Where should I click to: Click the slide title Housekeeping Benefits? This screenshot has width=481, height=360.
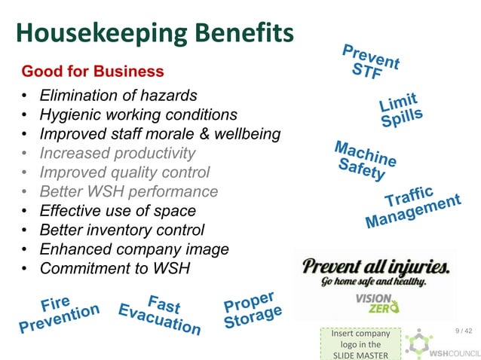(x=155, y=32)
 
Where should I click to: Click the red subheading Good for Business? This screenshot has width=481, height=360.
(x=93, y=72)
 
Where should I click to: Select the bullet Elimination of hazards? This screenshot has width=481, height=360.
(x=118, y=96)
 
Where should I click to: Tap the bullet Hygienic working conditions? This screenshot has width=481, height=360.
(x=138, y=115)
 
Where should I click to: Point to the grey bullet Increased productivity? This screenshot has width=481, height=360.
(x=117, y=154)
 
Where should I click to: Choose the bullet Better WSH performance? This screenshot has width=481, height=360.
(x=128, y=192)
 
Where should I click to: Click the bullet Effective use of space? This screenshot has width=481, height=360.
(x=117, y=211)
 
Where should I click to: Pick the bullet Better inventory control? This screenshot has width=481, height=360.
(x=121, y=230)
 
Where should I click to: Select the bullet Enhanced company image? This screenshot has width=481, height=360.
(x=133, y=249)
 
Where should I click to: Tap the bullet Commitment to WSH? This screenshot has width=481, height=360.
(x=115, y=268)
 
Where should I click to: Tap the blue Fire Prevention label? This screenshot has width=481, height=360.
(x=58, y=314)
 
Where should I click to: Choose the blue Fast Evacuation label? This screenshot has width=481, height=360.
(x=160, y=314)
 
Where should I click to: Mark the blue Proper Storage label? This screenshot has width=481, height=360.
(x=252, y=310)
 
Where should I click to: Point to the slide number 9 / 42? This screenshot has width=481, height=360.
(x=463, y=331)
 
